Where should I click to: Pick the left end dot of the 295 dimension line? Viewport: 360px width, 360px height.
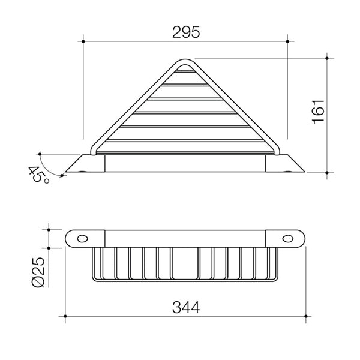(x=83, y=41)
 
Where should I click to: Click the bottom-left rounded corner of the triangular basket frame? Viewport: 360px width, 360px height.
(x=94, y=150)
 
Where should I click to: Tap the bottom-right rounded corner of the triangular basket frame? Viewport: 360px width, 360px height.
(x=278, y=150)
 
